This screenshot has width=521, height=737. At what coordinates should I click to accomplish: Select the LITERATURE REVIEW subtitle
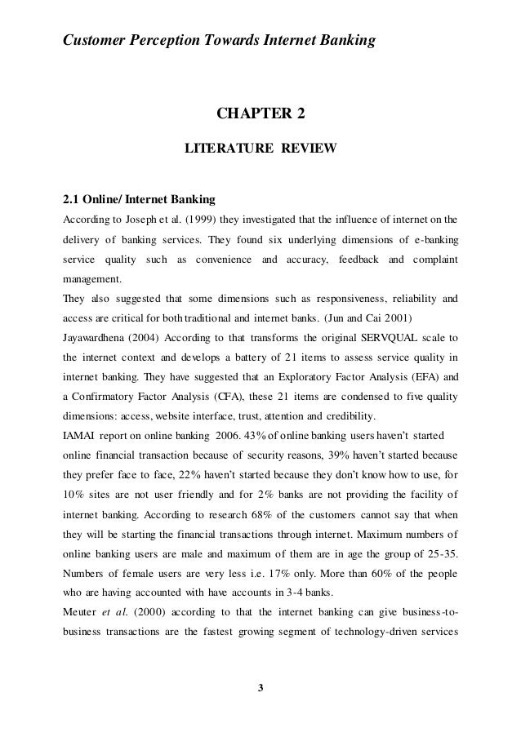point(260,149)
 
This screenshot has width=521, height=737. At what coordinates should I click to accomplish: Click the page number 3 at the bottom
point(260,695)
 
